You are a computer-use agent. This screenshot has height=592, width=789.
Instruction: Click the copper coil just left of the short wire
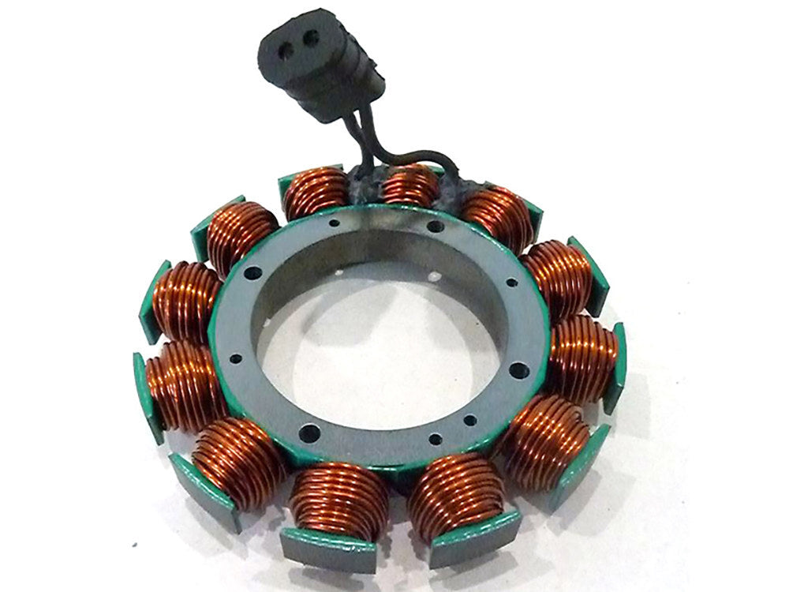pos(316,193)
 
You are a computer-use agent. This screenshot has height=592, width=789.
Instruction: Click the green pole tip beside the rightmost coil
pos(615,367)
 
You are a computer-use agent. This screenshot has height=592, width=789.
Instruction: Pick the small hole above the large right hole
pos(512,282)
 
